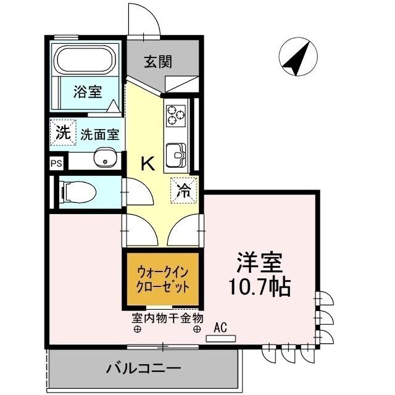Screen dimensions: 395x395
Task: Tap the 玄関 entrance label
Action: [158, 62]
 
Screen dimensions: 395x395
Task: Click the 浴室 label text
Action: [87, 93]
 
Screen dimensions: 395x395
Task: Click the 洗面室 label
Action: [99, 134]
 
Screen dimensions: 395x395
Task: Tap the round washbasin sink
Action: [105, 159]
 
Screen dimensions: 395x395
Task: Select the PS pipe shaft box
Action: [56, 164]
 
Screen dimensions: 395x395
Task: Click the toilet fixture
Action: [78, 192]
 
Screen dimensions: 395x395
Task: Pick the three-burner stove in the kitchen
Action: [175, 114]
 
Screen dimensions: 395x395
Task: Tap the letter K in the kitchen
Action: [148, 164]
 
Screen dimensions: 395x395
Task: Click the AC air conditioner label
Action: [220, 329]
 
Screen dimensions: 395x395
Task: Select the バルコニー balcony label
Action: [143, 369]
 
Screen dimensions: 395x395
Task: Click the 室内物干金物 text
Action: [167, 318]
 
